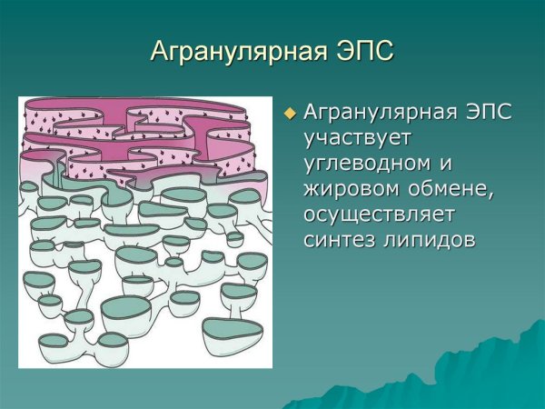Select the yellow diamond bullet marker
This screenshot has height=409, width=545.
point(291,114)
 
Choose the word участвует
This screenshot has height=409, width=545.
point(358,139)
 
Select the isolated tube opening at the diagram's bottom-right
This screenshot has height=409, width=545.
point(232,329)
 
